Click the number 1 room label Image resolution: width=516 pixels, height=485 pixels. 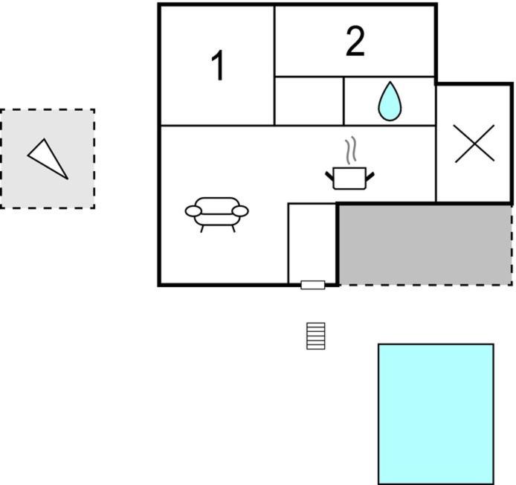218,65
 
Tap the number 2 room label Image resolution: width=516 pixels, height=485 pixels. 355,41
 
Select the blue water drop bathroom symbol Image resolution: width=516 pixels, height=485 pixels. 390,101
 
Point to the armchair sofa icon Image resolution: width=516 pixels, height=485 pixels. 217,214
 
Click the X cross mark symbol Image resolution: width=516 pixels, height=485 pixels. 474,144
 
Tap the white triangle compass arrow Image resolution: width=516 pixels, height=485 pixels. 48,159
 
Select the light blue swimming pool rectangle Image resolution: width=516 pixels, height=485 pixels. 436,414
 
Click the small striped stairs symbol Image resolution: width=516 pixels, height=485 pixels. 315,335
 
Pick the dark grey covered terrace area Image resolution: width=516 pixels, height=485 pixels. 425,245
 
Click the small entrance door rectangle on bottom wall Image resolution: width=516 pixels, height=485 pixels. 313,285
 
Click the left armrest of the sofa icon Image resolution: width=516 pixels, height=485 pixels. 193,211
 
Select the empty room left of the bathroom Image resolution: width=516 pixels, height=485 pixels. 309,101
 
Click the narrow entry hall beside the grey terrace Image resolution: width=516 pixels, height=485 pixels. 312,243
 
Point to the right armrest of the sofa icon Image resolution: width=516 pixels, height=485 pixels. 240,211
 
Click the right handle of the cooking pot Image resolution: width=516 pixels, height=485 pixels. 370,176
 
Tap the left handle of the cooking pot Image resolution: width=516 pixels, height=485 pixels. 329,176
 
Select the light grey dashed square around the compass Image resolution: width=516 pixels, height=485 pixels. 48,158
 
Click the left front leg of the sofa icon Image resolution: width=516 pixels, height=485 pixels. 201,229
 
